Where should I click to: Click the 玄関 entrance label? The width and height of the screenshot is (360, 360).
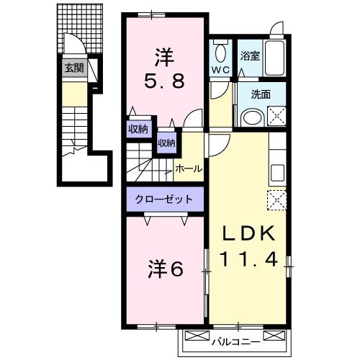[74, 68]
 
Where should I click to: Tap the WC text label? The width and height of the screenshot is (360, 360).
[220, 70]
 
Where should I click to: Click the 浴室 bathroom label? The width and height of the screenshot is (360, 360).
[250, 56]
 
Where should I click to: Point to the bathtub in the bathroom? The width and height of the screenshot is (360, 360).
[274, 58]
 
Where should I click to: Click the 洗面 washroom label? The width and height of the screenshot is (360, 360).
[261, 94]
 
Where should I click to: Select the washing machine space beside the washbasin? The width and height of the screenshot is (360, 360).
[276, 116]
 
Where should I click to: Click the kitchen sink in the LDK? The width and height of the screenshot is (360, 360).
[277, 174]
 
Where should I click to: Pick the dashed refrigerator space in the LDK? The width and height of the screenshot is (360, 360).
[276, 200]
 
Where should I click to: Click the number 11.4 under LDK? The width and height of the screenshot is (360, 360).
[249, 259]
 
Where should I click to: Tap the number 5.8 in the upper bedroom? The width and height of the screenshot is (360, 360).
[165, 81]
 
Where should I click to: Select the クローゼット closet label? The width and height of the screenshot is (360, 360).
[164, 199]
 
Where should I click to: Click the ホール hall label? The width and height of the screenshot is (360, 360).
[189, 169]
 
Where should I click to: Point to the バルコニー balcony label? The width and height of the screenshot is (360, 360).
[235, 342]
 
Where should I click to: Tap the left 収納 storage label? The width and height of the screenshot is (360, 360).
[138, 130]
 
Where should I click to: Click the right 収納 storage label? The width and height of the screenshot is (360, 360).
[166, 143]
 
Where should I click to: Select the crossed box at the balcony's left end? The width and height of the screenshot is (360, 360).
[197, 336]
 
